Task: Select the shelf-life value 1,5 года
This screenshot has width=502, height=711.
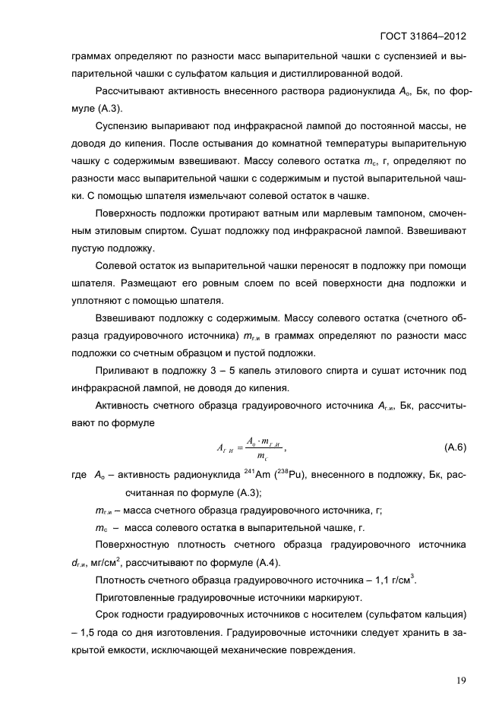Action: (99, 633)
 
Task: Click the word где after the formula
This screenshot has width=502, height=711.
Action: (78, 476)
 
